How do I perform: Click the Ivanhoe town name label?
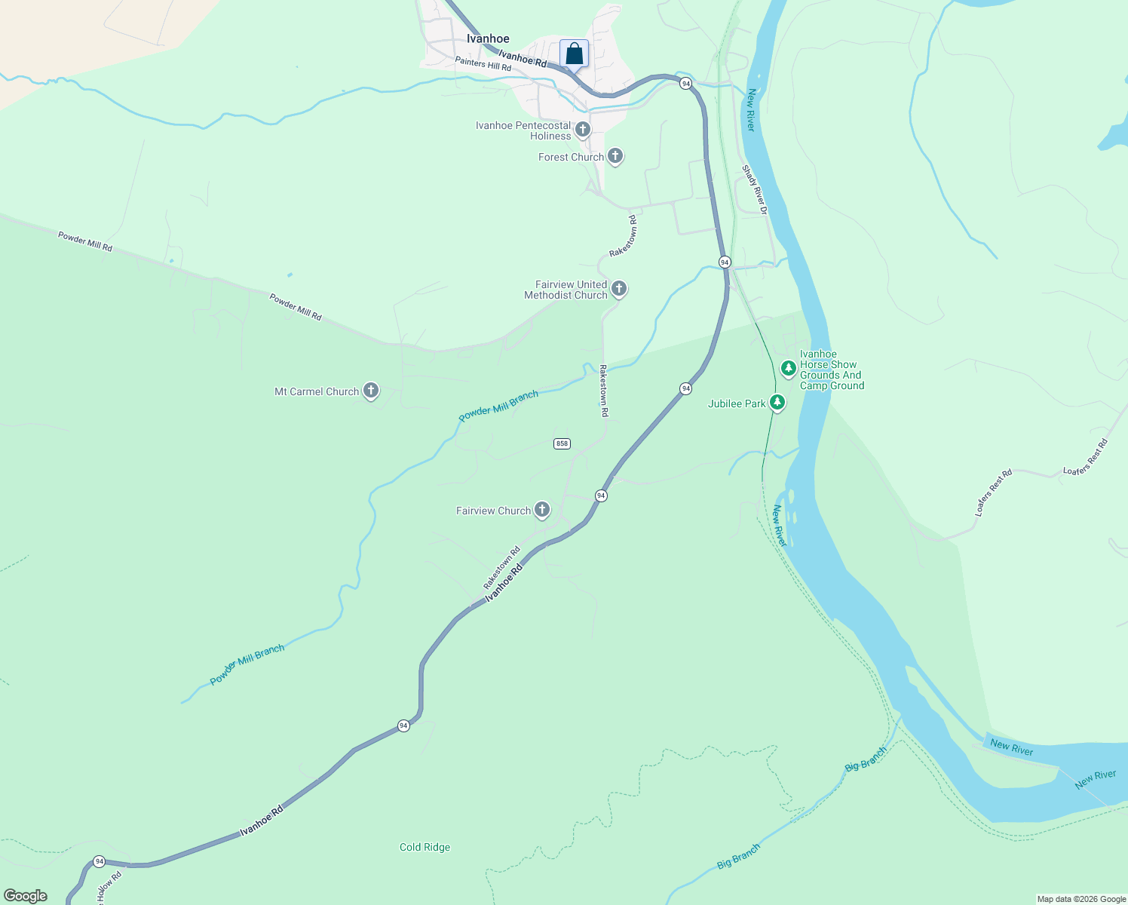coord(488,38)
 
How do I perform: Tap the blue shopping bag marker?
coord(574,54)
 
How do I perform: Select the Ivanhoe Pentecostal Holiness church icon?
coord(583,130)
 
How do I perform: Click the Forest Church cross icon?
coord(615,156)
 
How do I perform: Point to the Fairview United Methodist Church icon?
coord(619,289)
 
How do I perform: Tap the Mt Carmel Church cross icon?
coord(370,391)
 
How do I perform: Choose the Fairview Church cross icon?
coord(542,510)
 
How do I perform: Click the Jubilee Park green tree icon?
coord(777,403)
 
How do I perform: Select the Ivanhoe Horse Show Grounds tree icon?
coord(788,369)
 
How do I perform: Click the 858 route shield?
coord(562,443)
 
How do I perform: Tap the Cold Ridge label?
coord(425,847)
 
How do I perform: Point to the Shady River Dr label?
coord(755,190)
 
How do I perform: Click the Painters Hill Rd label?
coord(483,64)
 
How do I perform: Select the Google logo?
coord(26,896)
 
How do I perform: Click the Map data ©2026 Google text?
coord(1080,899)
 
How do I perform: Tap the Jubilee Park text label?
coord(737,403)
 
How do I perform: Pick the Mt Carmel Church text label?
coord(317,391)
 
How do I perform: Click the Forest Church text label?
coord(571,157)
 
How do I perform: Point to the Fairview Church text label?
coord(493,511)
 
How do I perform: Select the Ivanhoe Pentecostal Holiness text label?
coord(523,130)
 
